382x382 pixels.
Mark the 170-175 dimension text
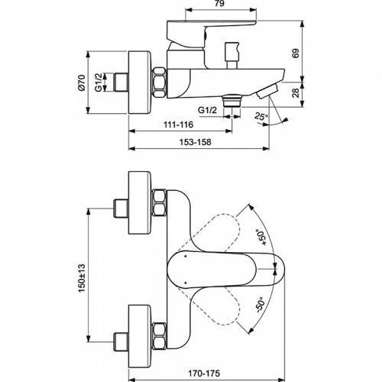click(x=225, y=373)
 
